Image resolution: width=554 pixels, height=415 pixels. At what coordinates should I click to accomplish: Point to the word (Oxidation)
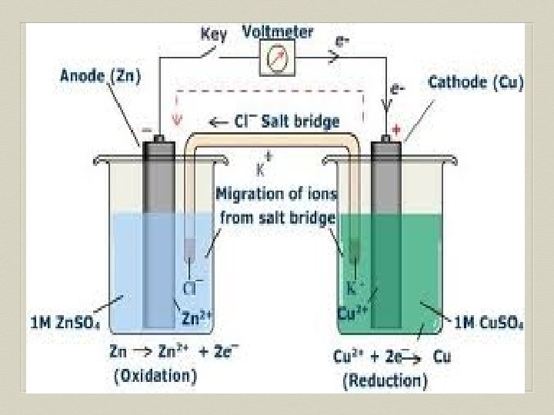tap(154, 376)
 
